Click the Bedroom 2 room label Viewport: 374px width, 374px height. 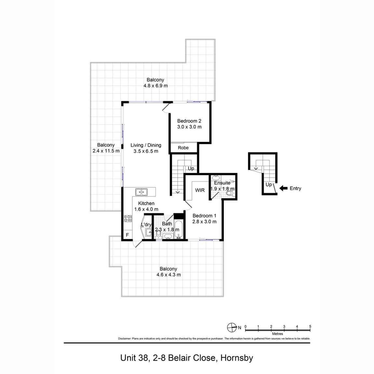[x=189, y=121]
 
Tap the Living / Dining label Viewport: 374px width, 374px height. [x=146, y=145]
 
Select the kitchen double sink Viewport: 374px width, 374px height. [x=141, y=192]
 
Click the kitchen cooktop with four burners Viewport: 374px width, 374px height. [x=127, y=219]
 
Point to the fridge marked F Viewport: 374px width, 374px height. [x=127, y=235]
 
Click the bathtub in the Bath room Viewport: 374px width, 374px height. [x=179, y=229]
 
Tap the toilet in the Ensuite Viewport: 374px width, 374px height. [x=229, y=193]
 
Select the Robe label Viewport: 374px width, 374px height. [x=183, y=148]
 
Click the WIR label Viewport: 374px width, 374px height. [x=200, y=190]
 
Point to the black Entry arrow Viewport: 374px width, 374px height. [x=284, y=188]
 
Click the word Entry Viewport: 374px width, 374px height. [x=295, y=188]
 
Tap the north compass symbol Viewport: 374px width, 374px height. [x=232, y=327]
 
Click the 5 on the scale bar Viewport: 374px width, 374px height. [x=310, y=326]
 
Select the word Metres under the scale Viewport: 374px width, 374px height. [x=277, y=334]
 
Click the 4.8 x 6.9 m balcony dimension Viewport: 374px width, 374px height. [x=155, y=86]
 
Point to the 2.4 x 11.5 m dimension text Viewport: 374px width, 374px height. [x=106, y=151]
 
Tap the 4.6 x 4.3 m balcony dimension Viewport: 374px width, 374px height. [x=168, y=275]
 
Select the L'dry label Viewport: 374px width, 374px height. [x=146, y=225]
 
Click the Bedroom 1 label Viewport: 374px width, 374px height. [x=204, y=216]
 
